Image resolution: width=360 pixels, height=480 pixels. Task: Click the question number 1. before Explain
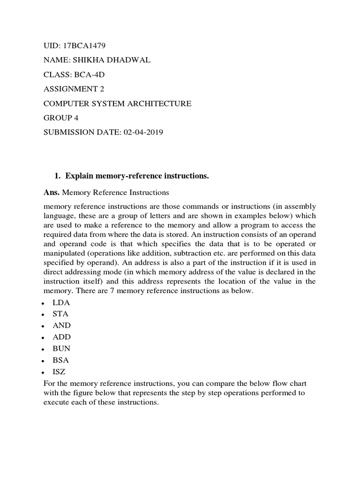(58, 176)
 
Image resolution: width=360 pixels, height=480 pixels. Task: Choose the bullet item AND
(63, 325)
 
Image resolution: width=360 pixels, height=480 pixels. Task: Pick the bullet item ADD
(63, 337)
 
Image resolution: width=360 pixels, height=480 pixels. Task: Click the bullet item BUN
(63, 349)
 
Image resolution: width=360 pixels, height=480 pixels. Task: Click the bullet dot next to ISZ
(43, 372)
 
